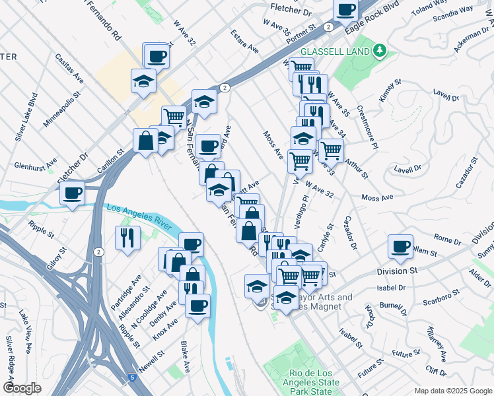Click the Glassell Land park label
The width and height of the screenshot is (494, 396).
click(x=335, y=51)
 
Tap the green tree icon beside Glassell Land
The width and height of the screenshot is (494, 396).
click(x=379, y=50)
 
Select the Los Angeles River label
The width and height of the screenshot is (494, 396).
click(x=141, y=215)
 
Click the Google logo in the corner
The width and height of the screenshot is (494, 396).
click(x=22, y=388)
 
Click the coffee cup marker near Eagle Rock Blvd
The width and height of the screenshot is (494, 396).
click(x=345, y=9)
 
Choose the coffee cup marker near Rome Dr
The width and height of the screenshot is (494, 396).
click(x=400, y=246)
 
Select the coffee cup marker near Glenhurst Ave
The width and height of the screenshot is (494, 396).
click(x=73, y=193)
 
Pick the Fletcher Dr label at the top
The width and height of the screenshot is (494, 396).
click(x=291, y=10)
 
